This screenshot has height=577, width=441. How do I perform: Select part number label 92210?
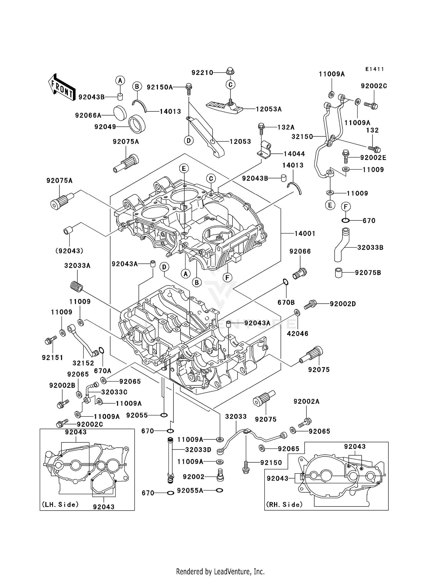coord(202,73)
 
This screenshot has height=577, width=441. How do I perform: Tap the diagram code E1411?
coord(375,69)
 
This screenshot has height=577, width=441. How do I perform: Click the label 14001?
coord(305,234)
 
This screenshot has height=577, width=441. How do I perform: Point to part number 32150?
coord(302,137)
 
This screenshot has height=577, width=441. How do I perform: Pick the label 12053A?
coord(269,109)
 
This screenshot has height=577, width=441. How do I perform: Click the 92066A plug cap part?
coord(120,113)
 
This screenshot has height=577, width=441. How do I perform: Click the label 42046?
coord(298,334)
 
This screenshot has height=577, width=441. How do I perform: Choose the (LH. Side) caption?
coord(60,505)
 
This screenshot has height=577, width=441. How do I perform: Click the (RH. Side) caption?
coord(284,505)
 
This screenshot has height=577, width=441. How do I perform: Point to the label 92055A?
coord(190,491)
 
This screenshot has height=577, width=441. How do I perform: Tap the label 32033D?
coord(198,450)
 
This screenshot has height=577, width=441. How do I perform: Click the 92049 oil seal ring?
coord(137,124)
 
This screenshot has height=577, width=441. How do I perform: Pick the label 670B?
coord(286,302)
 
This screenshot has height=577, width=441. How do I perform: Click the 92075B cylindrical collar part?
coord(339,272)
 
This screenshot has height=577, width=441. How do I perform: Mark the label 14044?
coord(294,154)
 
